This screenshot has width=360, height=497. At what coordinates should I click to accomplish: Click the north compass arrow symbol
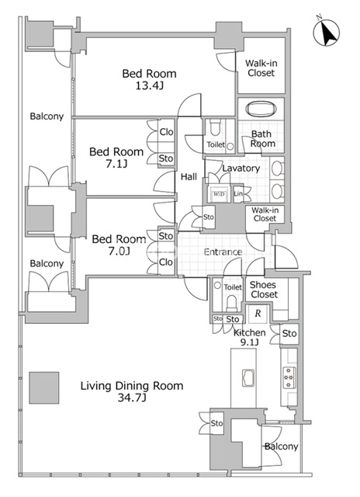pos(327,33)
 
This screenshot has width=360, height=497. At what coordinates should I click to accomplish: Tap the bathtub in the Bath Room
pos(261,109)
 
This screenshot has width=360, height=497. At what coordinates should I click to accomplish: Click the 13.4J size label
pos(150,85)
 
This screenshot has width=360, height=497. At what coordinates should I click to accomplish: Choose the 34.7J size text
pos(132,398)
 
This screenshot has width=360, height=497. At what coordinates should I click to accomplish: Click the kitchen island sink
pos(248,378)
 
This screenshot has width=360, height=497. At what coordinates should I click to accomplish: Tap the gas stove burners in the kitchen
pos(289,377)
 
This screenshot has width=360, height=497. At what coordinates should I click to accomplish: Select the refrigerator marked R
pos(258,314)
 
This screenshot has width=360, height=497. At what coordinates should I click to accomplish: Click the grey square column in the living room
pos(44,388)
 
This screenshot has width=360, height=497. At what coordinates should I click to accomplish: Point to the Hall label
pos(189,177)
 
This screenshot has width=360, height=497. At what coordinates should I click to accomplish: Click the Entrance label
pos(223,252)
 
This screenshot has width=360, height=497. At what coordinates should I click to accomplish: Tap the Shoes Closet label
pos(264,290)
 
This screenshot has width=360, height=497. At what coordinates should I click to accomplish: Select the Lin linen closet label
pos(238,193)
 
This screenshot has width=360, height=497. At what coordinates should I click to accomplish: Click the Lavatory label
pos(241,169)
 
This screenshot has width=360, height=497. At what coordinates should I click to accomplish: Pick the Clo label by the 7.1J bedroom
pos(166,131)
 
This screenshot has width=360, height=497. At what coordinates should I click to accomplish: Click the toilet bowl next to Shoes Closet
pos(231,304)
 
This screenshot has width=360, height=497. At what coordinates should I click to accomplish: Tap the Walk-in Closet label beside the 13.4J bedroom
pos(261,68)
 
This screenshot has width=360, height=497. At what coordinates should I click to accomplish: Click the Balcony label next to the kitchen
pos(281,447)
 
